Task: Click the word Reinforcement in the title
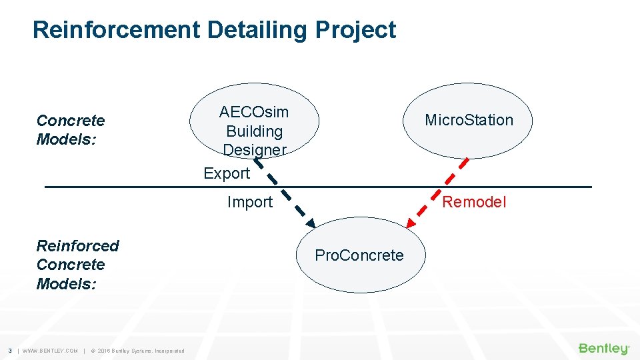116,30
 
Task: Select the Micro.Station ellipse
469,120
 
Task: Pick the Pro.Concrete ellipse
359,255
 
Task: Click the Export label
227,173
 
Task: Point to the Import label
250,202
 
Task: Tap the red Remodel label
475,202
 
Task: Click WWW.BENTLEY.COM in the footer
50,351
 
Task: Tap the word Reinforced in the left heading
77,246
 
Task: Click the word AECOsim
254,112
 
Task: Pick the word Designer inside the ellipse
254,150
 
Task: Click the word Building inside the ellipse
254,131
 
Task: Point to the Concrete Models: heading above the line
71,130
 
